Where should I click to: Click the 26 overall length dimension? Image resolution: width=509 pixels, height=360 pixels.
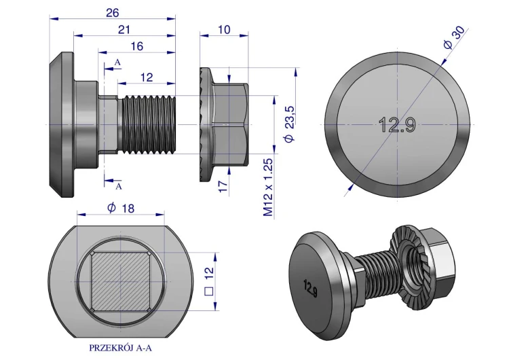click(112, 13)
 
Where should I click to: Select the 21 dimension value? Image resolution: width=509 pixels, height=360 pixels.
click(124, 30)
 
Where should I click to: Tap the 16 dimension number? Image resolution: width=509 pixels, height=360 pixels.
click(137, 46)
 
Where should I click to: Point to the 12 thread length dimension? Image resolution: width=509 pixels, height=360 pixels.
click(147, 77)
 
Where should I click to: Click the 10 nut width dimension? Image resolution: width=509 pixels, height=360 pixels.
click(224, 30)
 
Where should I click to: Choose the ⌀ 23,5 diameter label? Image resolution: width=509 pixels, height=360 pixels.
click(289, 124)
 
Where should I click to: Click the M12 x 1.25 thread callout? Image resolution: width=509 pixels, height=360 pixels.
click(268, 187)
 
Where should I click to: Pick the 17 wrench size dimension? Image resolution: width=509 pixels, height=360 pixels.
click(223, 186)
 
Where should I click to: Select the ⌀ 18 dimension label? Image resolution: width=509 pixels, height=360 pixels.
click(121, 208)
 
